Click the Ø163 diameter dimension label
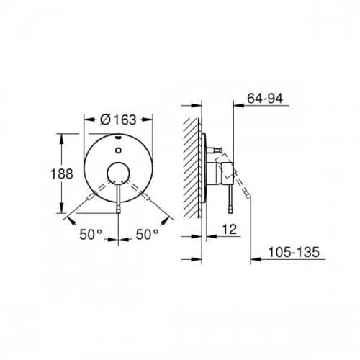pos(118,120)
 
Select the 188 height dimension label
pos(62,174)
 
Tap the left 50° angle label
pos(91,234)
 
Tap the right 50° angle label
pos(147,234)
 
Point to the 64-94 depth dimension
pos(265,98)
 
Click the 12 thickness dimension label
pos(230,229)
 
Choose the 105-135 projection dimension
pos(294,252)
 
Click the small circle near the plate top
pos(118,150)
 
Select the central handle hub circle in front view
pos(118,174)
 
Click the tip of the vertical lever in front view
pos(118,212)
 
